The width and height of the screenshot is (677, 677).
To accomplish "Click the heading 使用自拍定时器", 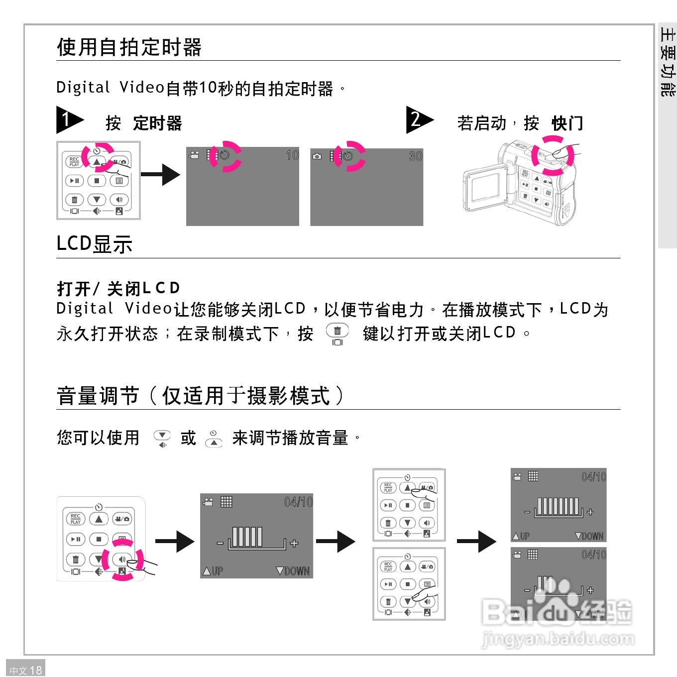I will tap(129, 47).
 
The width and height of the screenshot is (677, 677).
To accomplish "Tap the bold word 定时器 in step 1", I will tap(157, 123).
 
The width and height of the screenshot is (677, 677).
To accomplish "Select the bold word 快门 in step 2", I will tap(567, 123).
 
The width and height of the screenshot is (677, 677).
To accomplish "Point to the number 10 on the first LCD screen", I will tap(292, 155).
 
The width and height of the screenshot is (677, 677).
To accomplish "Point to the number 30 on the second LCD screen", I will tap(415, 156).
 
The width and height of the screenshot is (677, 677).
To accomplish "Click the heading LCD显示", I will tap(95, 244).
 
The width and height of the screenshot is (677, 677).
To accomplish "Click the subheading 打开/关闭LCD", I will tap(118, 288).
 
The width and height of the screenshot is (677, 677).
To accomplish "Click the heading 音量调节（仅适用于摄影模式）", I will tap(199, 396).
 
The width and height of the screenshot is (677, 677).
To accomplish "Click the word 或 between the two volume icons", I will tap(188, 438).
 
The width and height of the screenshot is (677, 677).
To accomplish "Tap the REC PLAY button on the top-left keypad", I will tap(74, 162).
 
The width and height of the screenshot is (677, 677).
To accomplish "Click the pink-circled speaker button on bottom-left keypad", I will tap(122, 560).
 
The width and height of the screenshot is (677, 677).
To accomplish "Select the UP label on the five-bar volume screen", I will tap(213, 571).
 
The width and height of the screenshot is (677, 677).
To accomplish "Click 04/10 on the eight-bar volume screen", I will tap(593, 477).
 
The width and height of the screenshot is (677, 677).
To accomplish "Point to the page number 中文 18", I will tap(26, 670).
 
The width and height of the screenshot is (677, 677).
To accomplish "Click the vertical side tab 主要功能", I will tap(667, 62).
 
